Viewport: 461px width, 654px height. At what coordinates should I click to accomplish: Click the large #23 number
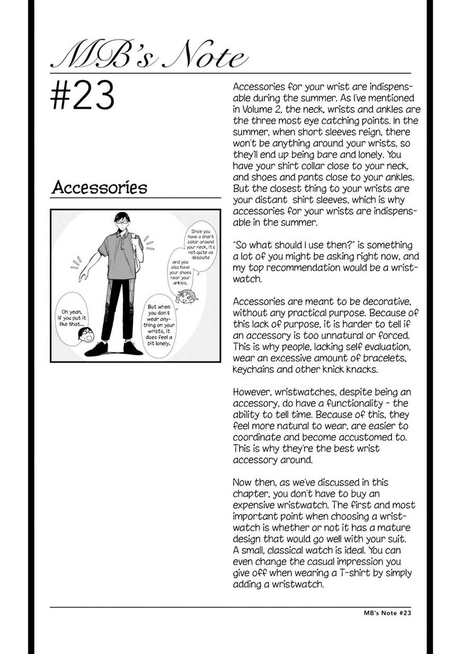83,96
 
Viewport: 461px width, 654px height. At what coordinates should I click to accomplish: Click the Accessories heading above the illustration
99,187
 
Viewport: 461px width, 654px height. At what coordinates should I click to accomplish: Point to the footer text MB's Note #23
384,613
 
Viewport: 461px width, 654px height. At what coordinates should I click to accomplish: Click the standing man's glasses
121,223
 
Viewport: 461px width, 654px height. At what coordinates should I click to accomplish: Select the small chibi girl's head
188,296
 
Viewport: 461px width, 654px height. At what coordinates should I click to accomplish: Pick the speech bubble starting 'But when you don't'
163,324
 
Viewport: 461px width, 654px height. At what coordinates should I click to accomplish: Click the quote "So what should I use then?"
291,245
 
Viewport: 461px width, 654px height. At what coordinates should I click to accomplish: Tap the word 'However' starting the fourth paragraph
252,392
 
